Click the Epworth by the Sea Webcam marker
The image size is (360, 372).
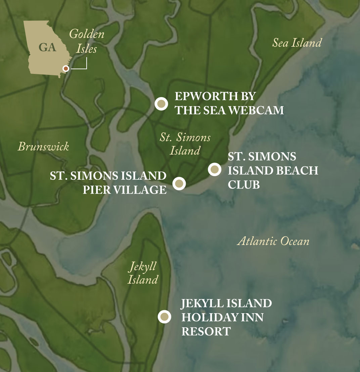[x=161, y=104]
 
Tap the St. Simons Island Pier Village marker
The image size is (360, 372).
[x=179, y=183]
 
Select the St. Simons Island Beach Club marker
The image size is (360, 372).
[x=215, y=169]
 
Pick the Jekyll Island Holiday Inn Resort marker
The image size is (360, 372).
[x=165, y=317]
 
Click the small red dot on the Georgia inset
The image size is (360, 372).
[x=66, y=69]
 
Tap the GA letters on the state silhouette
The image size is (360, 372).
[x=47, y=47]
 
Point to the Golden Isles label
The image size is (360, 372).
[x=87, y=41]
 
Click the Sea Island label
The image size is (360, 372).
[x=297, y=43]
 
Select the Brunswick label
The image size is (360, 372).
[x=43, y=147]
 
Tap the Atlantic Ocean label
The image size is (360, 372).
[x=273, y=241]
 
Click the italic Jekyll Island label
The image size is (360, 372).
[x=143, y=273]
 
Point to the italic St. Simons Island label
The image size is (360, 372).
[x=185, y=144]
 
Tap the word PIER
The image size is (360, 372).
[x=96, y=190]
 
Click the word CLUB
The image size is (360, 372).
[x=244, y=184]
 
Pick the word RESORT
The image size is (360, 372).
[x=206, y=331]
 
